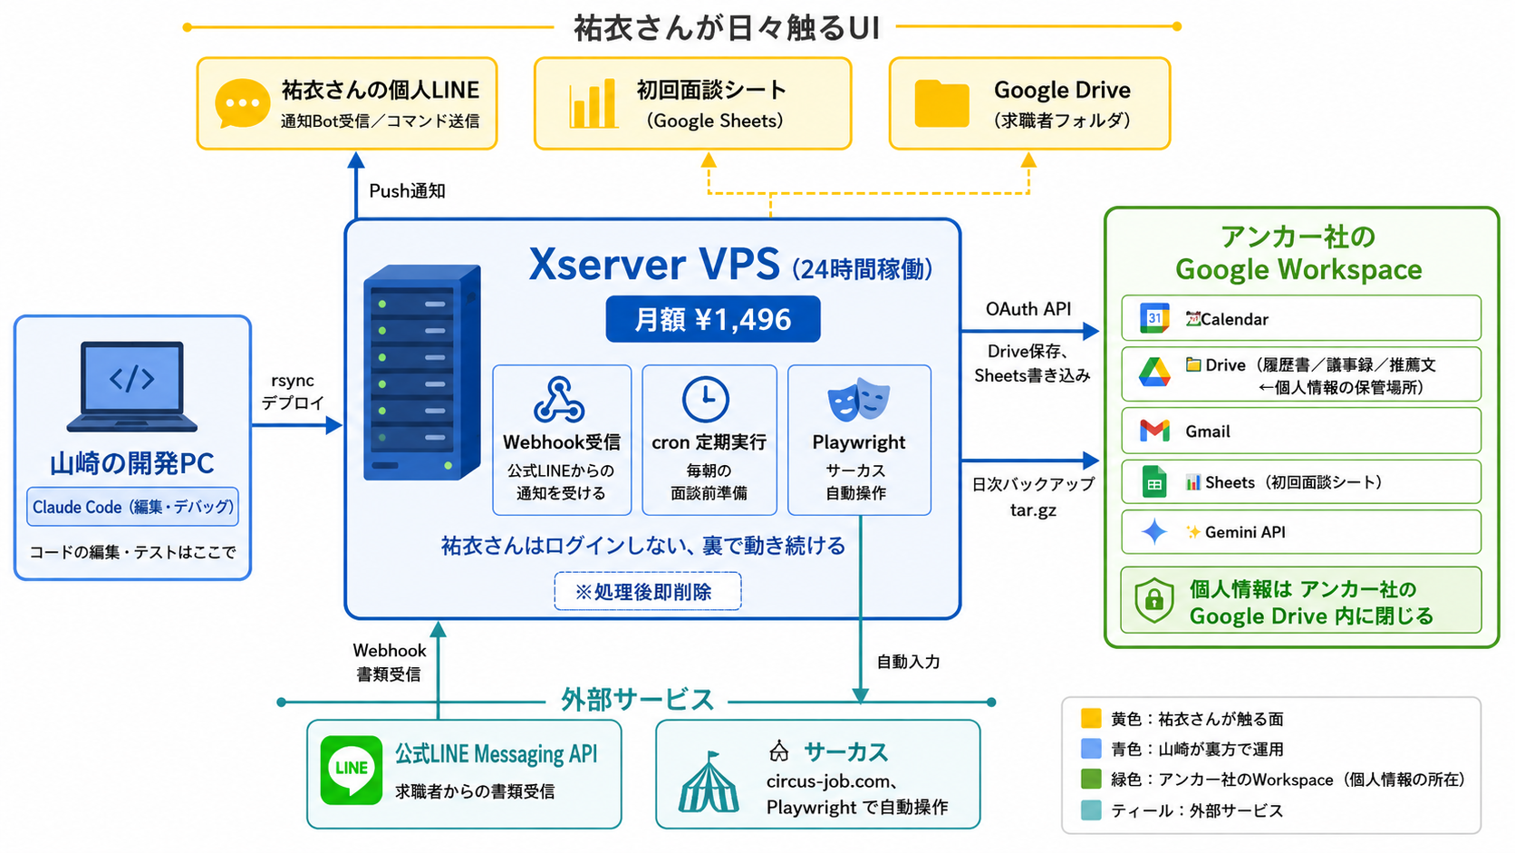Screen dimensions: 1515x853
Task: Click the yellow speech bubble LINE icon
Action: pos(242,103)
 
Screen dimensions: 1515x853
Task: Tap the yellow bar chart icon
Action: pos(593,103)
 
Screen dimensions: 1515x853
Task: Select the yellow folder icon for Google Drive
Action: pos(941,103)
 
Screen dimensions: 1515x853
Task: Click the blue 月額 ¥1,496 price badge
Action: pos(713,319)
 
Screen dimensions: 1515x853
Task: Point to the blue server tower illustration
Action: pos(422,373)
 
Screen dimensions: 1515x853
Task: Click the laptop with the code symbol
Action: pos(132,386)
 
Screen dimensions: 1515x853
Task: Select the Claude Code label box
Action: pos(132,507)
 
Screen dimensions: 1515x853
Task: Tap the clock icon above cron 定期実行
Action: pos(706,399)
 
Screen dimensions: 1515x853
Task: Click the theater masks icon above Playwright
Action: pos(859,400)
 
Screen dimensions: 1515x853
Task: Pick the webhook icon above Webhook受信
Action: pos(559,400)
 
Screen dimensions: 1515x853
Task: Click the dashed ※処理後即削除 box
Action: pos(647,591)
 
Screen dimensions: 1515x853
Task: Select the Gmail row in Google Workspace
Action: pos(1300,431)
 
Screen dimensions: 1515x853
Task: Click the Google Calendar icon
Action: pos(1154,318)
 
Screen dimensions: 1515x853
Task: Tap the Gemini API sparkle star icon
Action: pos(1154,532)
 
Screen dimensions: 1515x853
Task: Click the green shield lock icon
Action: pos(1154,600)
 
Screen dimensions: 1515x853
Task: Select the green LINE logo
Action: pos(351,771)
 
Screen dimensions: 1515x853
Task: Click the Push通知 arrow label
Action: pos(407,191)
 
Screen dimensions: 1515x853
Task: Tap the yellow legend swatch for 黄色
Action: pos(1091,718)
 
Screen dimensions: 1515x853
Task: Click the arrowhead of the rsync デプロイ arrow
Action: pos(334,425)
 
